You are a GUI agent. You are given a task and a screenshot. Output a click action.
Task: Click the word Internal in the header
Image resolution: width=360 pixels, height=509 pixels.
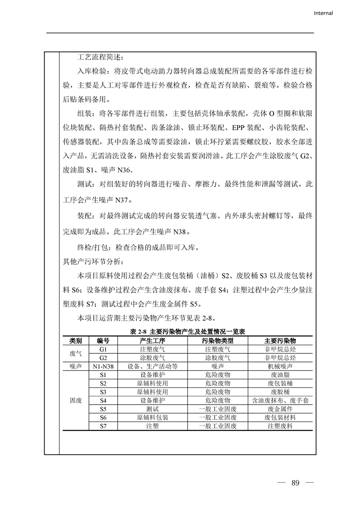click(323, 13)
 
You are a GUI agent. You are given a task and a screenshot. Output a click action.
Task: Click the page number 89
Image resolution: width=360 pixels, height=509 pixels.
click(296, 482)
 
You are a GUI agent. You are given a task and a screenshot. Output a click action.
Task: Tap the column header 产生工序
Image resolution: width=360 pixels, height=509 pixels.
click(152, 341)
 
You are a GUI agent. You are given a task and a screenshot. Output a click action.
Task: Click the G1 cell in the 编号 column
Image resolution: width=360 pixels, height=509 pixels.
click(103, 349)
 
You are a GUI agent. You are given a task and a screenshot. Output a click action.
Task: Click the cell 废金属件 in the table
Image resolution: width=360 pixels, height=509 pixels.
click(280, 409)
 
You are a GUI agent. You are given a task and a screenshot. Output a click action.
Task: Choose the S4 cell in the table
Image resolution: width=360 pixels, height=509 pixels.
click(103, 401)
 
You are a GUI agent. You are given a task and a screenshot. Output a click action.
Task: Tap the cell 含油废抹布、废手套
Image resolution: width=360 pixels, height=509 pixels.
click(280, 401)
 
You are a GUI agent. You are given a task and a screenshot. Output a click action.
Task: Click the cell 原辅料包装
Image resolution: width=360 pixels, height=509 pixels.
click(152, 418)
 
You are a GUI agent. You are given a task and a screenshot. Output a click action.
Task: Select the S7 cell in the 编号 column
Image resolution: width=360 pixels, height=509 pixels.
click(103, 426)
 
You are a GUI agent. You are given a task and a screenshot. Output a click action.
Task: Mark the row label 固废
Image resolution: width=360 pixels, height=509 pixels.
click(75, 401)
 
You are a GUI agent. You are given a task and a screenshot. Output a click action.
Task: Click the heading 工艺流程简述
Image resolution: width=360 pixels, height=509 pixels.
click(100, 58)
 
